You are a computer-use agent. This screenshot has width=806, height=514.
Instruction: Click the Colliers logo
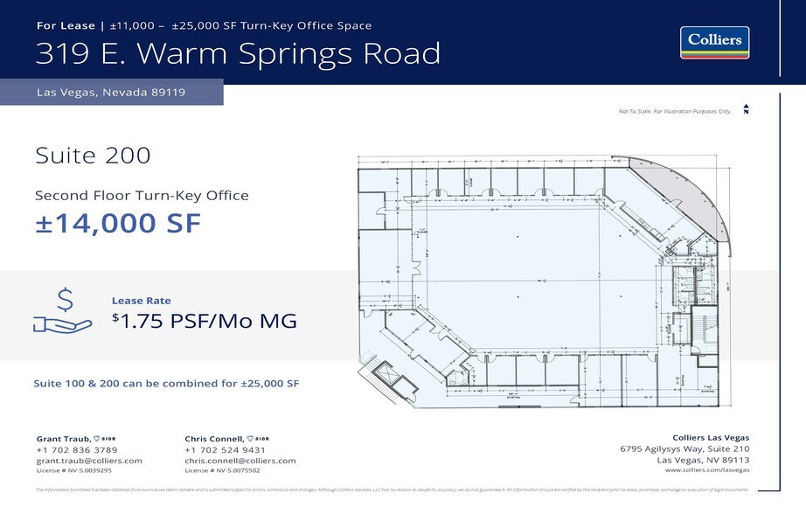coord(714,42)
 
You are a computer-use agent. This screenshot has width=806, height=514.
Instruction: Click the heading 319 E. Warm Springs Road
coord(238,53)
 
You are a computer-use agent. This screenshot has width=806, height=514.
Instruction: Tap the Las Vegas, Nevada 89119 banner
coord(111,92)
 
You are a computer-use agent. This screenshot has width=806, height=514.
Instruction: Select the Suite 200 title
coord(93,156)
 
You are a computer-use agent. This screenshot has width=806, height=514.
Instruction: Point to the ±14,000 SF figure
coord(118,224)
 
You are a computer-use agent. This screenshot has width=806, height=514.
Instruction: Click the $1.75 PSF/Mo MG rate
coord(205,321)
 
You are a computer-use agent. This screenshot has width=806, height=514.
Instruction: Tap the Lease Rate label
coord(141,301)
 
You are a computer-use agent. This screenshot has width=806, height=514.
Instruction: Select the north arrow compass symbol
coord(746,109)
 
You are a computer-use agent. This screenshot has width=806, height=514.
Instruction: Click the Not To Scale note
coord(674,112)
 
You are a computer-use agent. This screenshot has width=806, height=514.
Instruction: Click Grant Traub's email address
coord(89,461)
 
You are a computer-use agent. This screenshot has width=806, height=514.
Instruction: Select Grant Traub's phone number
coord(77,449)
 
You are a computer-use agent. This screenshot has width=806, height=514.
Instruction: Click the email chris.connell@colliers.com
coord(240,461)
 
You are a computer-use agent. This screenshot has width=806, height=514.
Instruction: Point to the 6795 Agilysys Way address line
coord(684,449)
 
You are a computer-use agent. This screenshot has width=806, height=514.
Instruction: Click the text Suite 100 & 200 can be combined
coord(166,384)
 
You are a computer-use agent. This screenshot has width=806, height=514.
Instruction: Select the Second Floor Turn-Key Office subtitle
coord(142,196)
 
